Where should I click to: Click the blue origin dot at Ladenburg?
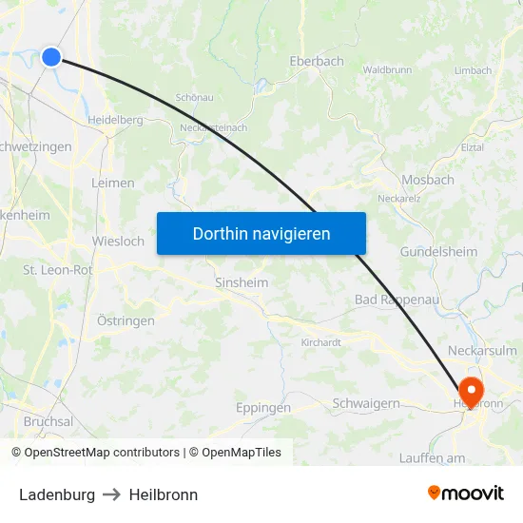(51, 57)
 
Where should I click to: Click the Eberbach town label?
(316, 61)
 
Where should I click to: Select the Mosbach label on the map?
(427, 180)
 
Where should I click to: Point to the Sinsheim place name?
(241, 283)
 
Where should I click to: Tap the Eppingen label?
(262, 408)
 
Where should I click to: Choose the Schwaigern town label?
(366, 403)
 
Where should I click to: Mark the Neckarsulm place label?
(482, 350)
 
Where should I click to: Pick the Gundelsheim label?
(437, 252)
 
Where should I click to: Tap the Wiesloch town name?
(118, 242)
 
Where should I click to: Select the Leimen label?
(112, 183)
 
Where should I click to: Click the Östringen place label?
(126, 320)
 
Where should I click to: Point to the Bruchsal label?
(48, 421)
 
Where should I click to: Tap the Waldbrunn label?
(386, 69)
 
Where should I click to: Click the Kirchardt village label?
(320, 342)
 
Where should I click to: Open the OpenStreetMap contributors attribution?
(95, 453)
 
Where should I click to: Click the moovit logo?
(465, 494)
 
